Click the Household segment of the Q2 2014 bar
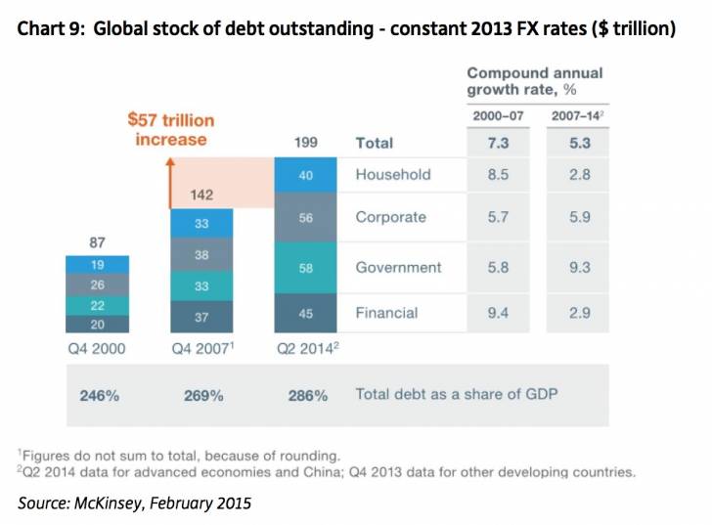305,175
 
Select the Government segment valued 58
305,267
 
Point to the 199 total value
305,143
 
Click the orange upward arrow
169,181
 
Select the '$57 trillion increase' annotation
171,130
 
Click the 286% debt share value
308,396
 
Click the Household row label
392,175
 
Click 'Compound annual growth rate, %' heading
534,80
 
